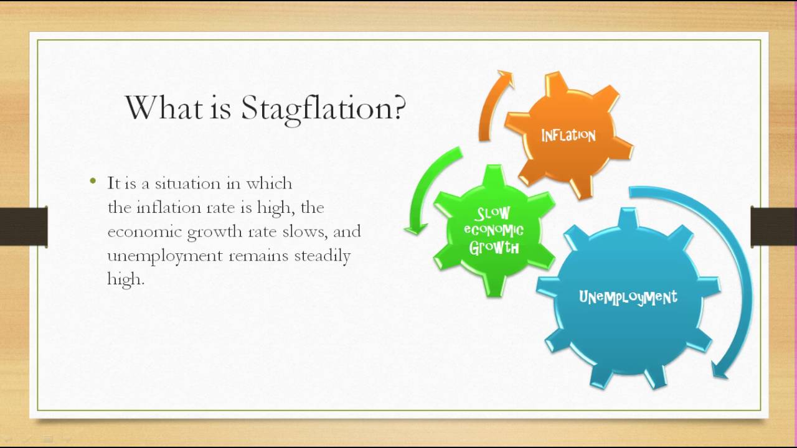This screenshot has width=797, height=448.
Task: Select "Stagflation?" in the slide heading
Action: pos(323,108)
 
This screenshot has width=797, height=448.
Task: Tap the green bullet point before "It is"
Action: pos(93,182)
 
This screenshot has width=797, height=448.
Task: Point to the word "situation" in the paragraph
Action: pos(184,184)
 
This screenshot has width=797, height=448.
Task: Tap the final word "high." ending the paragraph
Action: pos(126,280)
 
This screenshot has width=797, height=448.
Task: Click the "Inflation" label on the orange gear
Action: pos(568,136)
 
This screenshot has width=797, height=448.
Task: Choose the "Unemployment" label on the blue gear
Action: pos(628,297)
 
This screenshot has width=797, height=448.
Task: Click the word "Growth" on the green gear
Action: pos(494,248)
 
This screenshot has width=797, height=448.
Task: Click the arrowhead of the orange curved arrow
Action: pos(505,79)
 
